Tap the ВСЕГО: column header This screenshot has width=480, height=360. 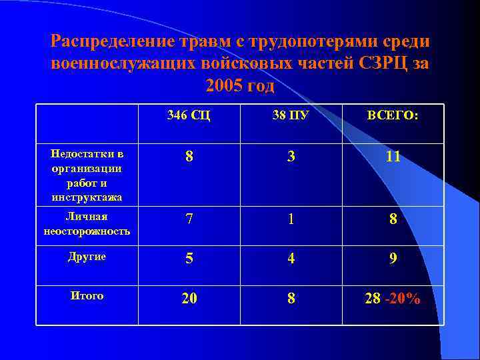click(393, 115)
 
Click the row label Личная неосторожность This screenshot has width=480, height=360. click(87, 224)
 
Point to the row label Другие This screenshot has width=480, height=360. click(87, 257)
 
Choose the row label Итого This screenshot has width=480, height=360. click(87, 295)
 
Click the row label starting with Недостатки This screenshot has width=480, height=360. click(87, 175)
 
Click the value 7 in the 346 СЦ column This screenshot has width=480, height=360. click(189, 219)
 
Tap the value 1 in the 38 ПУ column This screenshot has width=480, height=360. click(291, 219)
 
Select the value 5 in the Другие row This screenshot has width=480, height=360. click(189, 258)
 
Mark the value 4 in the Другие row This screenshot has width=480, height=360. click(291, 258)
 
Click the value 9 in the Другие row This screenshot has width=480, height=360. click(393, 258)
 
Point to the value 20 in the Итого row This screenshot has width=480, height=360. click(189, 299)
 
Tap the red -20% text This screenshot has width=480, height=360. click(403, 299)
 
